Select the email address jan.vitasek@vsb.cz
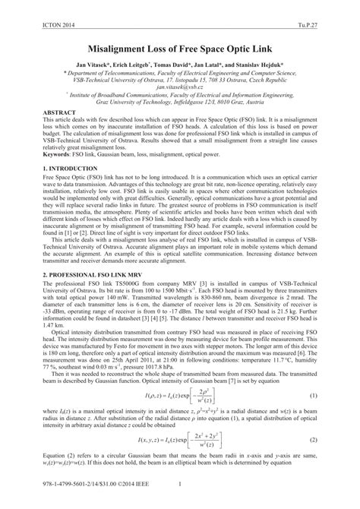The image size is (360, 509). point(180,87)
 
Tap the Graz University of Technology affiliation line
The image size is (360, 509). point(180,102)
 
